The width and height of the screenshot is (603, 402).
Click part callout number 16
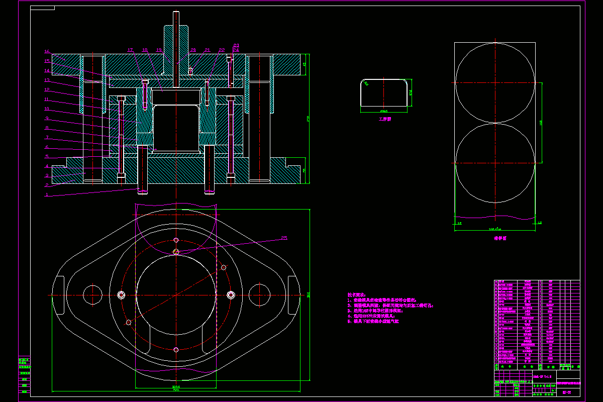pos(46,51)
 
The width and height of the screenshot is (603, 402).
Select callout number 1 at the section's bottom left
pos(46,194)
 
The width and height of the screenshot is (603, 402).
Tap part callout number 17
pos(130,50)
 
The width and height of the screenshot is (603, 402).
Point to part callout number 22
pos(222,50)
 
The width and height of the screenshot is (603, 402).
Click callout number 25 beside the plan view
pos(284,238)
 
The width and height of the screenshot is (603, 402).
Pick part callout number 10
pos(46,109)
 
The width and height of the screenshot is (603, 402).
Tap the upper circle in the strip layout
pos(495,82)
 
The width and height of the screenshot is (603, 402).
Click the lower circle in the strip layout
pos(495,163)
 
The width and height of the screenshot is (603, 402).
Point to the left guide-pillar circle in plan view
pos(93,294)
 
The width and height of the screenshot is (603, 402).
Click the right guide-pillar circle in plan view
pos(259,294)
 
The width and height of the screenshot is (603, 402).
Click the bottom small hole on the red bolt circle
pos(175,349)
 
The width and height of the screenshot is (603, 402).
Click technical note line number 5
pos(373,321)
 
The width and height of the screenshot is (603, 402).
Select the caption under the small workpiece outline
pos(385,120)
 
